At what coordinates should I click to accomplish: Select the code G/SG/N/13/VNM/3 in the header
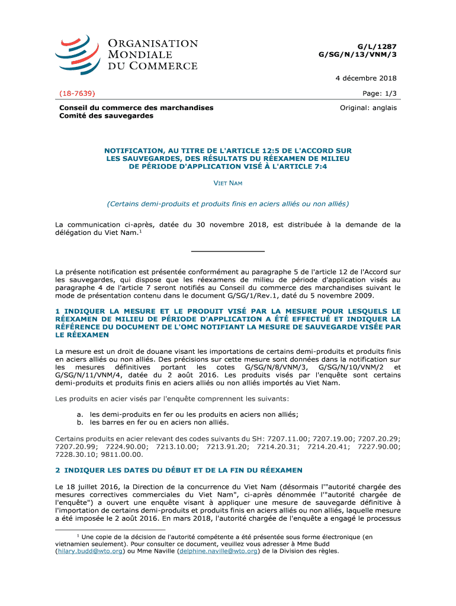[x=358, y=54]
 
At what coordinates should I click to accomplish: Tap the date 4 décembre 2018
[x=367, y=78]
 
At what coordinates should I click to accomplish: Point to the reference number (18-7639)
[x=78, y=94]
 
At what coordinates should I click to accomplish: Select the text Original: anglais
[x=368, y=108]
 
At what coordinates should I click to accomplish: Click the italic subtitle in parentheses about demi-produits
[x=228, y=204]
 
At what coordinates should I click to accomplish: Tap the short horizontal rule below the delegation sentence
[x=228, y=252]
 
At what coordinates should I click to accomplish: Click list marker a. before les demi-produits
[x=80, y=414]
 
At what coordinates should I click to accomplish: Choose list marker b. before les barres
[x=80, y=423]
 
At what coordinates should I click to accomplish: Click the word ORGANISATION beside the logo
[x=152, y=44]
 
